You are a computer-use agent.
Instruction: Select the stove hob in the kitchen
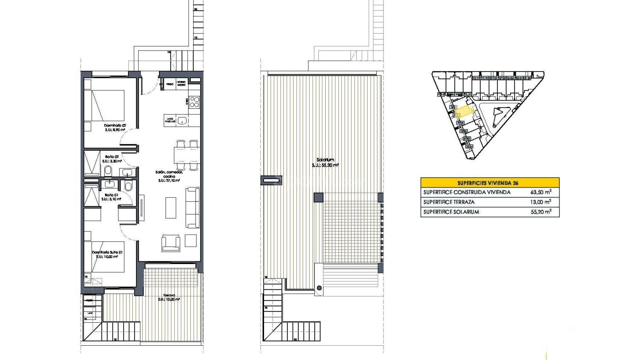(x=194, y=102)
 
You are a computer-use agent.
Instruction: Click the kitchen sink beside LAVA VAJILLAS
(x=182, y=120)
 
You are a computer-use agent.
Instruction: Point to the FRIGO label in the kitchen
(x=170, y=84)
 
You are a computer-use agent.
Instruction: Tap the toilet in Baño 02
(x=108, y=171)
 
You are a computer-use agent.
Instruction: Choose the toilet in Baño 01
(x=128, y=186)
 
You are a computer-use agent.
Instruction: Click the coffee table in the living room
(x=171, y=208)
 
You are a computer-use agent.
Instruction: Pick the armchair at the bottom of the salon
(x=171, y=242)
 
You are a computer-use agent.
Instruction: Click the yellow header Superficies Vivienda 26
(x=490, y=183)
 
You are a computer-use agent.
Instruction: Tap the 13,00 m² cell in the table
(x=540, y=202)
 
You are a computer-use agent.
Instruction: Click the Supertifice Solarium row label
(x=451, y=212)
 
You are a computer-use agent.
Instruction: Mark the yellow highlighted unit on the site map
(x=464, y=112)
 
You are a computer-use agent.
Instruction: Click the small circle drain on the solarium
(x=319, y=288)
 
